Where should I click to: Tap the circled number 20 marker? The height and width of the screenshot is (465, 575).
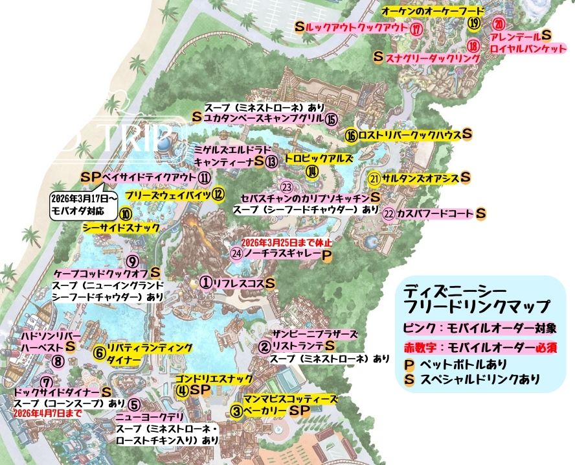tap(499, 24)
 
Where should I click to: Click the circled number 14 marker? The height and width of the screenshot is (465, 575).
tap(313, 172)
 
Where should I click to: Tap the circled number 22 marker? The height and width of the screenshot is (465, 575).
tap(389, 213)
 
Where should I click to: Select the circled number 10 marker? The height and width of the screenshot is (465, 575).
tap(126, 213)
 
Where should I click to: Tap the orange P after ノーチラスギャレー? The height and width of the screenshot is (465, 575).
tap(327, 254)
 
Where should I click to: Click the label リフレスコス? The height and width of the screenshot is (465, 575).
tap(239, 283)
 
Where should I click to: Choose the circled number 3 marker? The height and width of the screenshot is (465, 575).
tap(238, 411)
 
